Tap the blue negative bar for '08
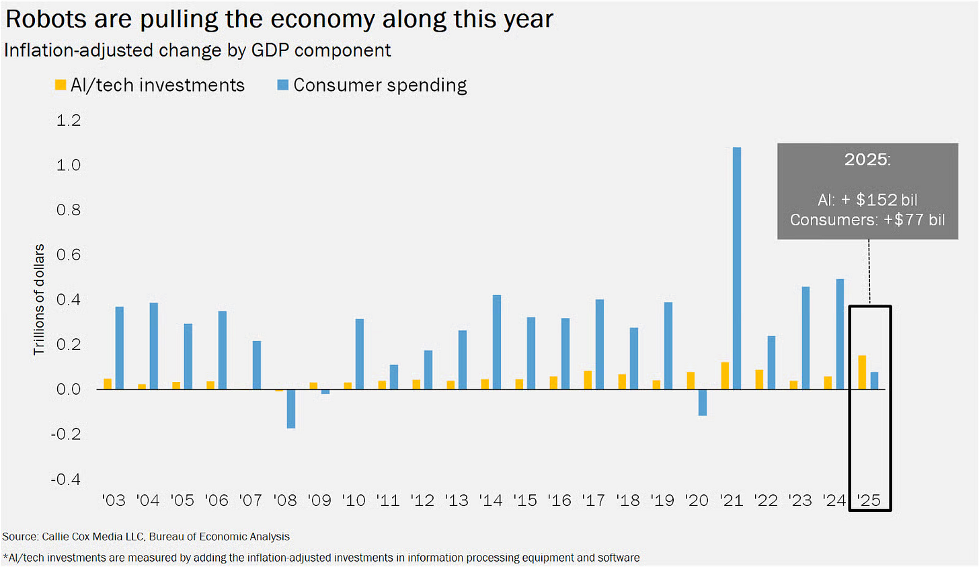(291, 408)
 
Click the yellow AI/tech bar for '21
(725, 375)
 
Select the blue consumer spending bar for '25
(875, 381)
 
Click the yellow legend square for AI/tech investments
(61, 85)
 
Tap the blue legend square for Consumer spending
(283, 85)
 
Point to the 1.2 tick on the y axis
(69, 120)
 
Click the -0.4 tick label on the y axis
(66, 479)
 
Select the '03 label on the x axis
(114, 500)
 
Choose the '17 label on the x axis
(594, 500)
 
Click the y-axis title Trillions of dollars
(39, 299)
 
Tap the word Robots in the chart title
(46, 19)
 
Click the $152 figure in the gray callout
(877, 200)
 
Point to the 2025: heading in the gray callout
(867, 159)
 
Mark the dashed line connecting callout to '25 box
(869, 272)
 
